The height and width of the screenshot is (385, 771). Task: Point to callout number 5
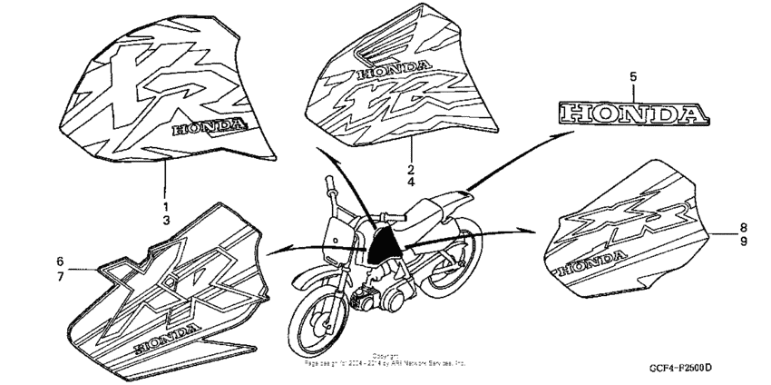click(634, 78)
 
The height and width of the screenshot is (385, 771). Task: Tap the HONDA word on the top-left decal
click(207, 127)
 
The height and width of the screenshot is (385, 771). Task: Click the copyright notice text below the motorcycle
click(385, 359)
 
